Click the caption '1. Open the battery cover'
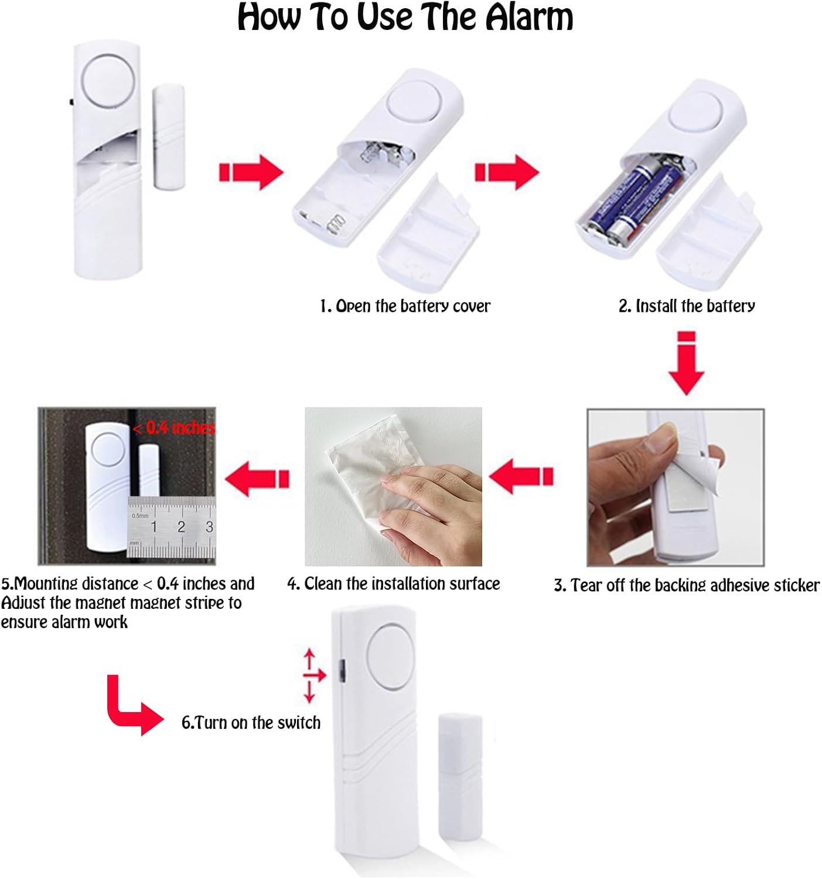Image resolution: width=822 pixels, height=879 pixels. tap(405, 306)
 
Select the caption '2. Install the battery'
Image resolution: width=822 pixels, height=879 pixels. tap(687, 306)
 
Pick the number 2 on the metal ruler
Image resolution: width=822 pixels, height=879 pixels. tap(181, 527)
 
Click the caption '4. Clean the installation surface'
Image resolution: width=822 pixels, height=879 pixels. tap(393, 584)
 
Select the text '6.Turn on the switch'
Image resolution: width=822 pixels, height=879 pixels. tap(251, 723)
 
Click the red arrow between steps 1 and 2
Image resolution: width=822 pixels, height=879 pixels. tap(506, 172)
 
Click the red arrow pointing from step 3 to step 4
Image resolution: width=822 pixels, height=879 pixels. tap(521, 476)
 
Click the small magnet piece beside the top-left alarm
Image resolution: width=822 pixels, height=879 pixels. tap(169, 137)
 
